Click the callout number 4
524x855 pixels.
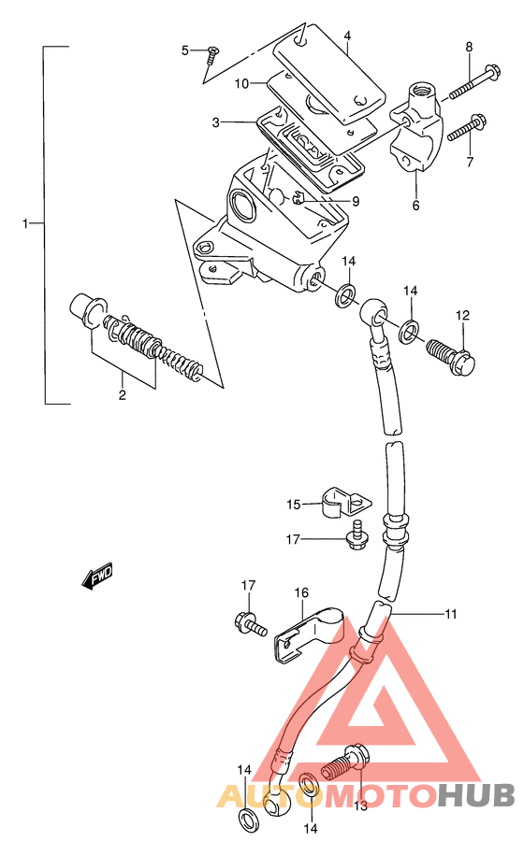coord(347,36)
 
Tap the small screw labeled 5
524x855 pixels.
coord(211,55)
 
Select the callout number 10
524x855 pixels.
coord(241,84)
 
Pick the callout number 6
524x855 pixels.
coord(415,206)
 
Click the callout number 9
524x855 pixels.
coord(356,202)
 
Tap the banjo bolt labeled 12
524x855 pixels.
coord(451,358)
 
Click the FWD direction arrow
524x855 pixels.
coord(97,576)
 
